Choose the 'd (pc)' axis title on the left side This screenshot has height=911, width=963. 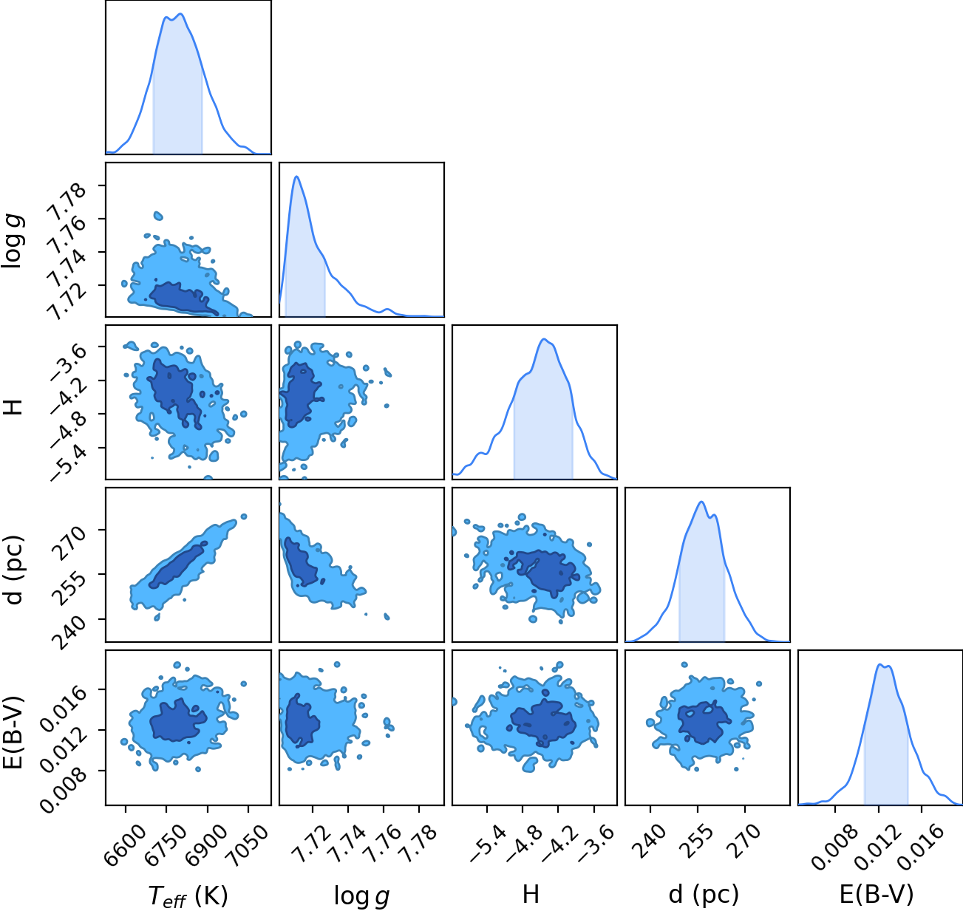click(x=14, y=570)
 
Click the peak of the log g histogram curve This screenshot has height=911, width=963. click(x=296, y=177)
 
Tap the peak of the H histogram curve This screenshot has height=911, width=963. click(x=543, y=339)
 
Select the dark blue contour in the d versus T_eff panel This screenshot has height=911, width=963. click(x=177, y=565)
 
